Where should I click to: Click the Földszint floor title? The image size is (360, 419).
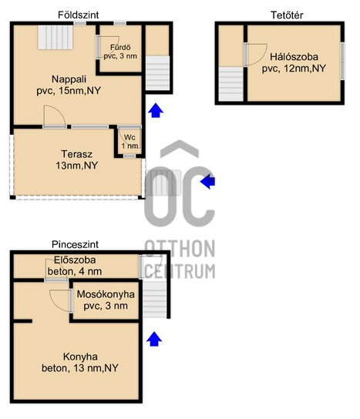tap(79, 15)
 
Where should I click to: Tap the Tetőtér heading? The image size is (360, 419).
tap(287, 15)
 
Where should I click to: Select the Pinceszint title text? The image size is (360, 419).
tap(75, 244)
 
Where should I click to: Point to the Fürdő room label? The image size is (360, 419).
tap(120, 47)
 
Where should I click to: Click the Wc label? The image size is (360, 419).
tap(130, 137)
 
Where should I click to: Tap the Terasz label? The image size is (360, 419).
tap(77, 154)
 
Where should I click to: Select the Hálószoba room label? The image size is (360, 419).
tap(294, 57)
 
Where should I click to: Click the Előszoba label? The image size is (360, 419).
tap(75, 260)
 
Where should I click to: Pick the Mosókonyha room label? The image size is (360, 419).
tap(106, 294)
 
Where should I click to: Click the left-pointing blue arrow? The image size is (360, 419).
tap(208, 182)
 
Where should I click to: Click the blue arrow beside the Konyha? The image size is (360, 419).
tap(154, 339)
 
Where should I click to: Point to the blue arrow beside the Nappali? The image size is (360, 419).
tap(156, 110)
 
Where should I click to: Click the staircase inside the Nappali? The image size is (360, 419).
tap(55, 37)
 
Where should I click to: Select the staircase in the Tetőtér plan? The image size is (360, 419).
tap(231, 84)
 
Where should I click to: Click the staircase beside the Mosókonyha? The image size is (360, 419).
tap(155, 299)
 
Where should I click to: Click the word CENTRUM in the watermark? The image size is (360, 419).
tap(180, 271)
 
